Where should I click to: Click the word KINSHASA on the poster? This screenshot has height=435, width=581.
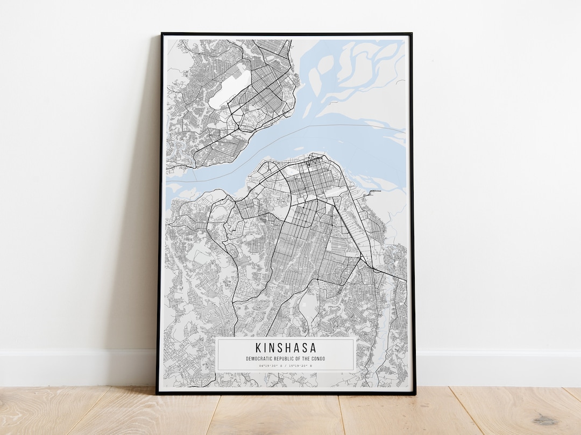pyautogui.click(x=286, y=348)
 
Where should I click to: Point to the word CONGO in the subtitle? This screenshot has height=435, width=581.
pyautogui.click(x=318, y=359)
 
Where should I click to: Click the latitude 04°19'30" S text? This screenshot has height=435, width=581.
pyautogui.click(x=271, y=366)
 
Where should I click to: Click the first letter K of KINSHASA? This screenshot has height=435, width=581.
pyautogui.click(x=259, y=348)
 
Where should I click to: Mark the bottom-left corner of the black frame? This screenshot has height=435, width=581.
pyautogui.click(x=157, y=393)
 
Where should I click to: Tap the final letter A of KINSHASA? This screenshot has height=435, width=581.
pyautogui.click(x=313, y=348)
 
